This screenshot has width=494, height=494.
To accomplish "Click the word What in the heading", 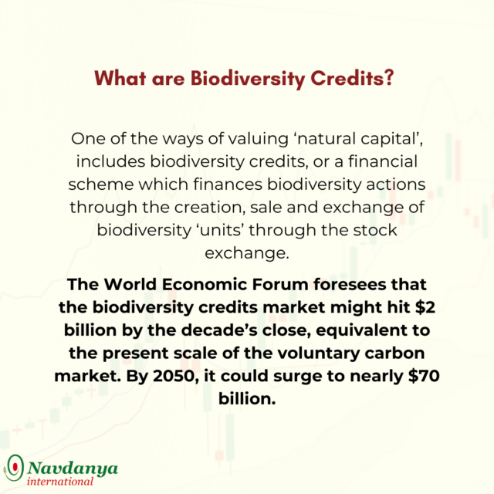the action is tap(120, 78).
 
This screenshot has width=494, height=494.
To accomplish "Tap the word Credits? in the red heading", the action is tap(352, 78).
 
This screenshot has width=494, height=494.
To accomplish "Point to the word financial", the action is tap(383, 161).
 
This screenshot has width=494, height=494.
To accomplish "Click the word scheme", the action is tap(101, 184).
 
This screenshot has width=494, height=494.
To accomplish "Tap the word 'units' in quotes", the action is tap(220, 230).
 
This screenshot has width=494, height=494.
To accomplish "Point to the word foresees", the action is tap(350, 285).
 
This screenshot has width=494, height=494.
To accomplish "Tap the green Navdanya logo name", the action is tap(73, 469).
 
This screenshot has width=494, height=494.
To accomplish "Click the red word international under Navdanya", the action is tap(60, 482).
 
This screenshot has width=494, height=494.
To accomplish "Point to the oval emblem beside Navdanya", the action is tap(14, 468).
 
